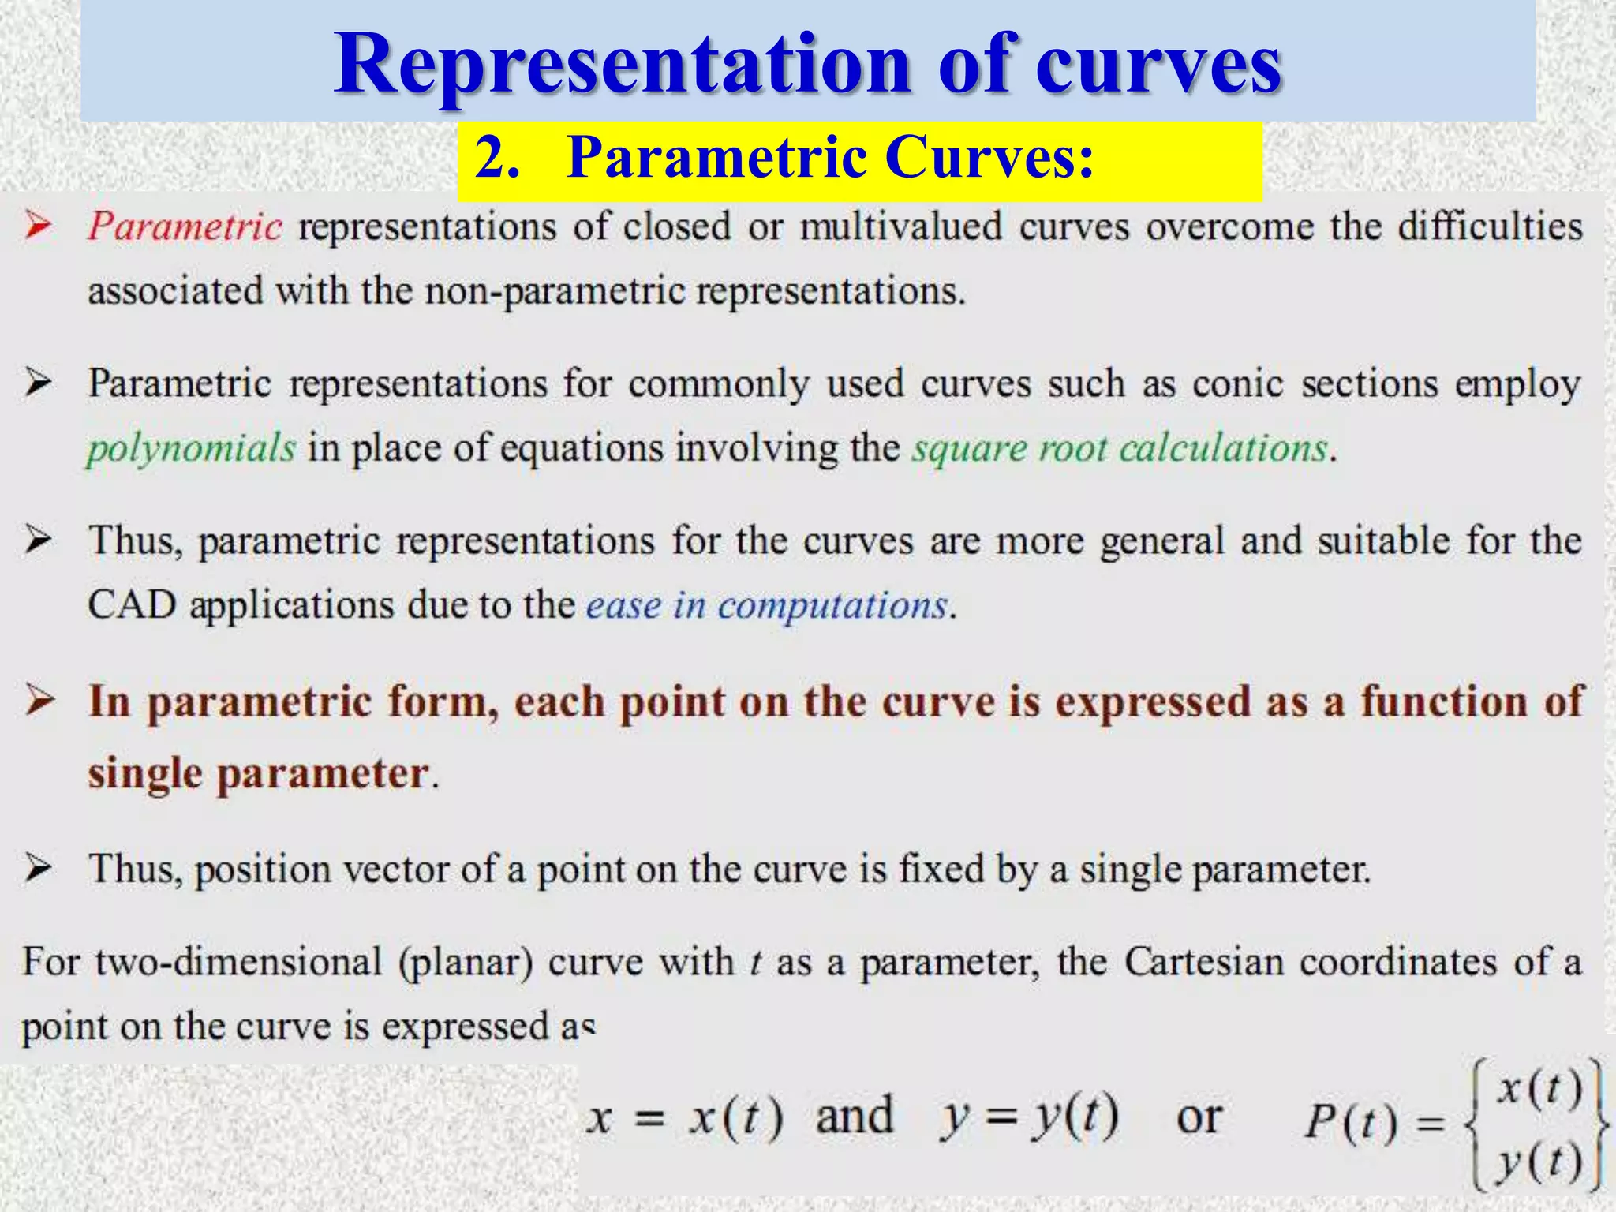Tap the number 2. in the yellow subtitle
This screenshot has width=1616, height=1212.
[497, 157]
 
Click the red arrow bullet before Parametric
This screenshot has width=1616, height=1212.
[38, 226]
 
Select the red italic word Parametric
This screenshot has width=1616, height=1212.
[185, 227]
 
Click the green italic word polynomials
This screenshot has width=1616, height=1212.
[191, 448]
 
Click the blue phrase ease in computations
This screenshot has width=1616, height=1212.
[766, 605]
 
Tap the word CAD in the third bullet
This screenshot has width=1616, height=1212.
[131, 605]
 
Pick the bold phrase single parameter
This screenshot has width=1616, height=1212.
[259, 773]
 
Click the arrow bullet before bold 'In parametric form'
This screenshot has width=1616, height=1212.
[39, 701]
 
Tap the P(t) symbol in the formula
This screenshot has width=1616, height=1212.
[1350, 1121]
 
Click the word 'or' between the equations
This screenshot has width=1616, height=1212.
[1199, 1117]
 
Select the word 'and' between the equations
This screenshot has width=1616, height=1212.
[854, 1116]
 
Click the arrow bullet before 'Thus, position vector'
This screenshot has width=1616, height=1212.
[38, 869]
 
